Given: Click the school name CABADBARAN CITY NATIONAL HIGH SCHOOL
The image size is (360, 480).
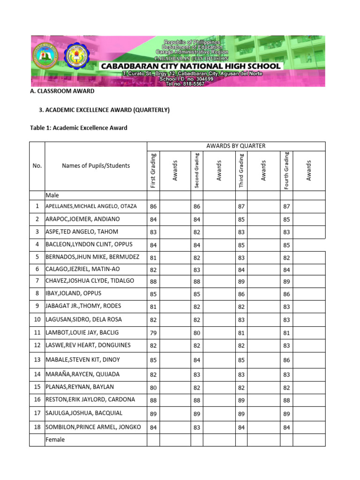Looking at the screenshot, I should (x=191, y=67).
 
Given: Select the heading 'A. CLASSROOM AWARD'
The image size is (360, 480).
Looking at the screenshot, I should (x=62, y=91).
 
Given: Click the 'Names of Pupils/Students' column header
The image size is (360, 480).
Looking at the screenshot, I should (x=96, y=165).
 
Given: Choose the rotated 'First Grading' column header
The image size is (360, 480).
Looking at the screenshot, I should (x=153, y=171).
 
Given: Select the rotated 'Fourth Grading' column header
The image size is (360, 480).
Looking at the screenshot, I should (x=286, y=171).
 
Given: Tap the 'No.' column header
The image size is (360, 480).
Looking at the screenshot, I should (x=37, y=165).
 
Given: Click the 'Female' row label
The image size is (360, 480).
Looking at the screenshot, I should (x=55, y=440).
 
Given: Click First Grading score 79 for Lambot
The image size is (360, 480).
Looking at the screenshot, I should (x=153, y=333).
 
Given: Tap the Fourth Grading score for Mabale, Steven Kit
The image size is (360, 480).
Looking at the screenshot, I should (x=286, y=360).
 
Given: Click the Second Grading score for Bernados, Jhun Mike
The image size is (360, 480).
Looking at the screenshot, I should (x=197, y=258).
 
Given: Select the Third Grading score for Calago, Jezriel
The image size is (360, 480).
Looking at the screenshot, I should (x=241, y=270).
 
